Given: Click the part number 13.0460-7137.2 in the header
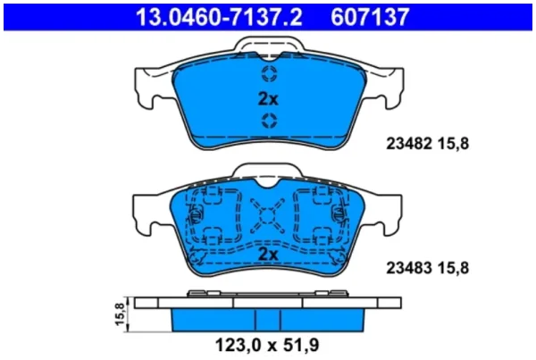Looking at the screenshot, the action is [219, 17].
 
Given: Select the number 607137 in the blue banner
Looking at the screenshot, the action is [370, 17].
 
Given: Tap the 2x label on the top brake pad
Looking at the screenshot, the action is [268, 99].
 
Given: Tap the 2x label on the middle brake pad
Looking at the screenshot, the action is [268, 255].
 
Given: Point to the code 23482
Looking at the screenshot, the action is [409, 144].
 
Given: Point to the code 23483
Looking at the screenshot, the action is [409, 268].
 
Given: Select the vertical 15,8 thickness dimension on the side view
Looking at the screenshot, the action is [120, 314].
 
